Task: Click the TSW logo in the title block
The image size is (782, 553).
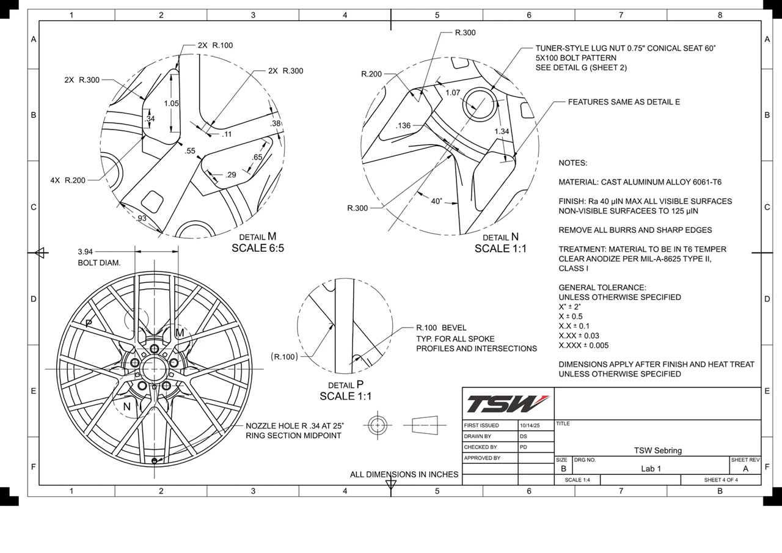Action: click(x=508, y=404)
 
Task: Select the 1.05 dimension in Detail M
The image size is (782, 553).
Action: click(x=171, y=103)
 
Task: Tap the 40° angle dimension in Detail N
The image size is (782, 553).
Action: click(x=436, y=200)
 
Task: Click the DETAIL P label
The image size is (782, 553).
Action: click(x=346, y=385)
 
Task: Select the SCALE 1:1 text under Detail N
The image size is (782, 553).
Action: click(x=500, y=249)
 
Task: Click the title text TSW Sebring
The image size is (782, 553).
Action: click(x=657, y=450)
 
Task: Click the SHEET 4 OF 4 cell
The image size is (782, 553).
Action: click(x=721, y=480)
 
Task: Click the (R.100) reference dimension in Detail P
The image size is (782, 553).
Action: click(x=284, y=356)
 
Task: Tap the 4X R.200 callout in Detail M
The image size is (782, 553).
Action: click(x=68, y=180)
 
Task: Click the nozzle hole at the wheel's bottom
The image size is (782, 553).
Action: click(x=154, y=460)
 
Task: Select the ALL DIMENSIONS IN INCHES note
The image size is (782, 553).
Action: click(x=404, y=474)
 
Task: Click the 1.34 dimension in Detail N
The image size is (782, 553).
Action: click(x=502, y=131)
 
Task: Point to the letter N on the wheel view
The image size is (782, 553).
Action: click(x=127, y=406)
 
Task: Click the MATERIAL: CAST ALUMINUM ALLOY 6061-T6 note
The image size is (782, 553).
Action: click(x=640, y=182)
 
